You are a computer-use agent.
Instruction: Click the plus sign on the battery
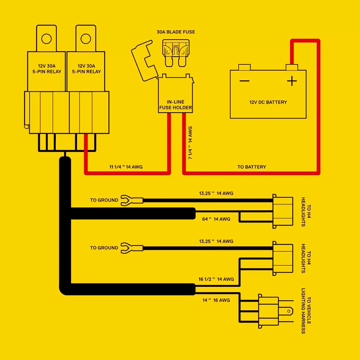[x=292, y=81]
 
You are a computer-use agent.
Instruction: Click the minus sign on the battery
[x=244, y=81]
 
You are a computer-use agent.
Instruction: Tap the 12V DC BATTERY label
[x=268, y=102]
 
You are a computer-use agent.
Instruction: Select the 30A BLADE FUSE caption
[x=176, y=32]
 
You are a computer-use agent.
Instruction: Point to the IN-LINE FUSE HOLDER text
[x=176, y=105]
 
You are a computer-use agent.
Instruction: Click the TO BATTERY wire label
[x=252, y=167]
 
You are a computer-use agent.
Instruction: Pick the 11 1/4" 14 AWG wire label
[x=126, y=167]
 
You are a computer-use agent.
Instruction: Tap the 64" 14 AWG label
[x=216, y=219]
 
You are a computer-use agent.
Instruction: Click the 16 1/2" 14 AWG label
[x=216, y=279]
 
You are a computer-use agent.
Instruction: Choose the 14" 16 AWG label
[x=216, y=300]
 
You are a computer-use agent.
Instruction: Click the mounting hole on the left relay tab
[x=46, y=38]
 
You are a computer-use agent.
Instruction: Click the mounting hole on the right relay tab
[x=86, y=38]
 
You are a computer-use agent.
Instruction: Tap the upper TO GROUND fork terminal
[x=127, y=200]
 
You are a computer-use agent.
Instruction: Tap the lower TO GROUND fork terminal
[x=127, y=248]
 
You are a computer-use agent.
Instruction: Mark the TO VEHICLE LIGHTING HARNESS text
[x=306, y=311]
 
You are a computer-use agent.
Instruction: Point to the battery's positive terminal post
[x=292, y=67]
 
